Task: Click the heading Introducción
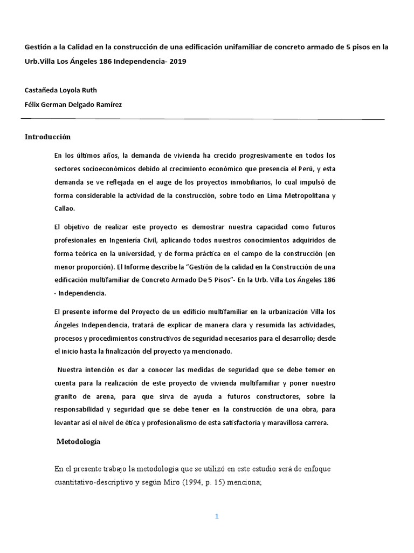point(48,137)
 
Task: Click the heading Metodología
point(79,442)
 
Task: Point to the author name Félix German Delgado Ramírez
point(73,104)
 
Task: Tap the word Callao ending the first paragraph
point(65,207)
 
